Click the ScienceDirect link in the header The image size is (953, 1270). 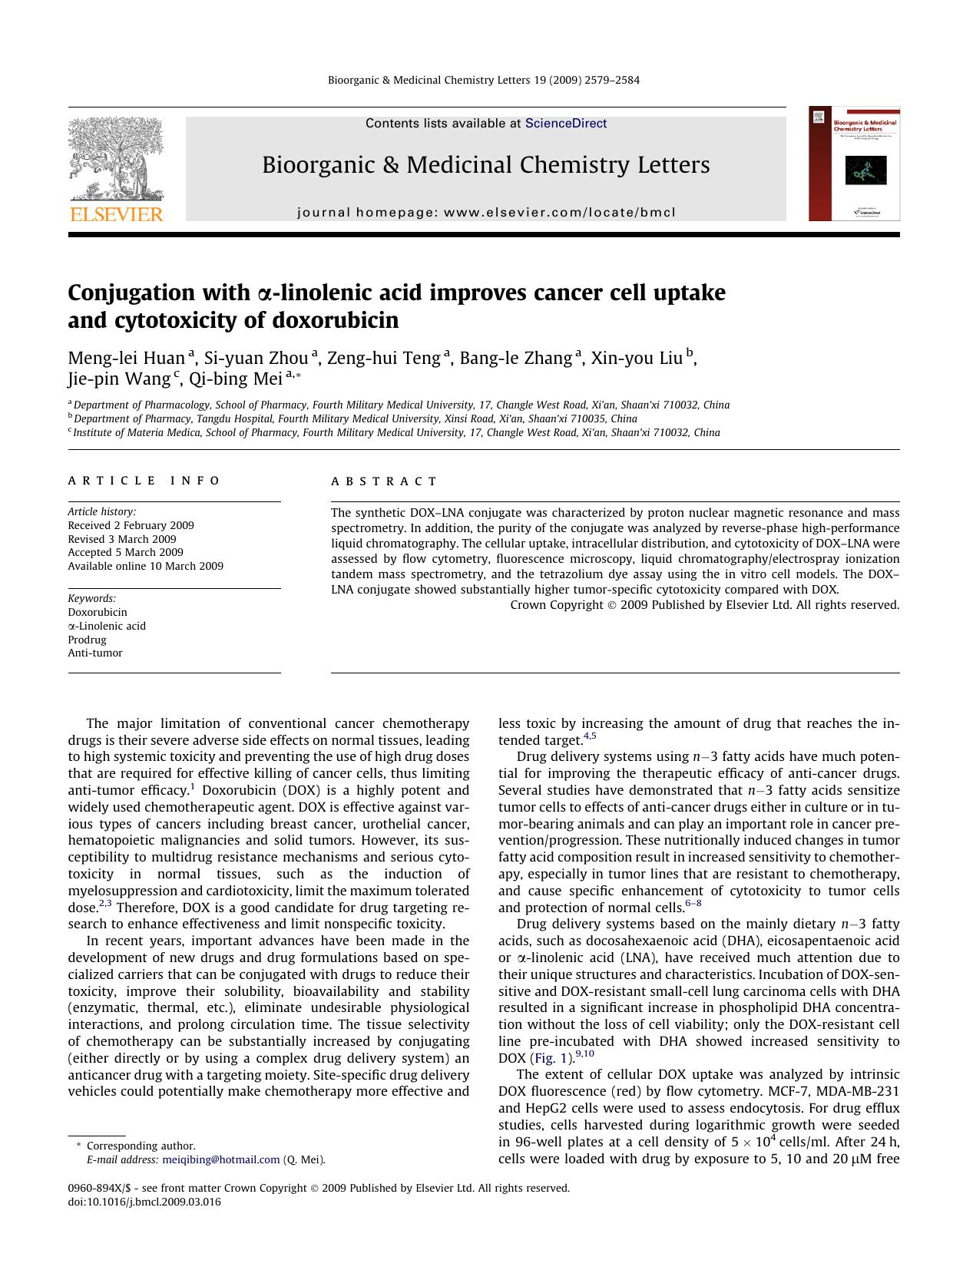(565, 124)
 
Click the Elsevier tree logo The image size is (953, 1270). (116, 169)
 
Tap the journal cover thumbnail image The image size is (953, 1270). (854, 164)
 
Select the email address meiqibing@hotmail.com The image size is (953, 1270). (221, 1159)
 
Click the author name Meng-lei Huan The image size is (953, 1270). (127, 358)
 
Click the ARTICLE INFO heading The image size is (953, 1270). (144, 481)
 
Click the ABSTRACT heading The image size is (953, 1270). (384, 481)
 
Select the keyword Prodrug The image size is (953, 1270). (87, 640)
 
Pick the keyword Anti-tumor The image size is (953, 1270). (95, 653)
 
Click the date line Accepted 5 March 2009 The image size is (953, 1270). (126, 552)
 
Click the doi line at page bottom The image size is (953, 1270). (144, 1202)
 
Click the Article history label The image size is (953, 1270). (102, 511)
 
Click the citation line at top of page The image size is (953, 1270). (484, 80)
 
